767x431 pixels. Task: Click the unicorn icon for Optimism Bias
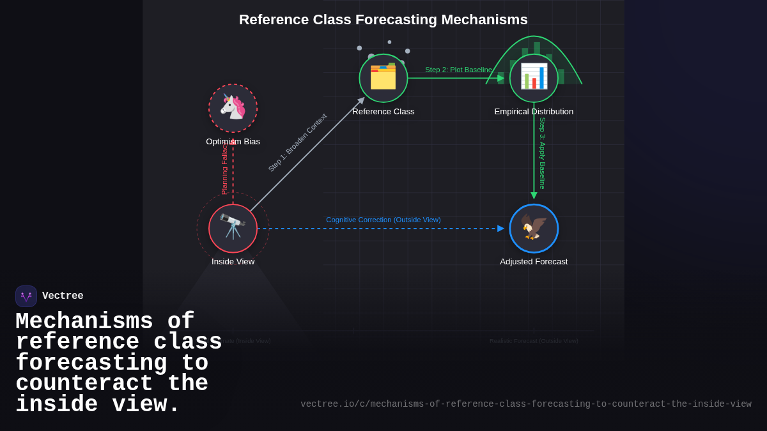pos(233,108)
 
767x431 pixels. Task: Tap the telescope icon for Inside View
pos(233,228)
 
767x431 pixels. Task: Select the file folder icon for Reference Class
pos(383,78)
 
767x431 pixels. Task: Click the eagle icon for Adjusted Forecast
pos(534,228)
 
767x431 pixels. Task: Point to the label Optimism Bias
pos(233,141)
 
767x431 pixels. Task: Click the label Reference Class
pos(383,111)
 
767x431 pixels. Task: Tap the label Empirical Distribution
pos(534,111)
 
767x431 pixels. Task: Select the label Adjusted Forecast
pos(534,261)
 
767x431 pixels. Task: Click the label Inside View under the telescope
pos(233,261)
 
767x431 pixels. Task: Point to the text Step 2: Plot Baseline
pos(458,70)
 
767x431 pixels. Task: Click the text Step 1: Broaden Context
pos(297,142)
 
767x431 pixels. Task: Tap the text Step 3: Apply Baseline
pos(542,153)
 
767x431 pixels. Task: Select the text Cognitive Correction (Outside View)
pos(383,220)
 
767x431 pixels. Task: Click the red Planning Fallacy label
pos(224,169)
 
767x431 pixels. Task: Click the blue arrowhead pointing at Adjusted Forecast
pos(500,228)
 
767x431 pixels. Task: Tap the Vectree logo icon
pos(26,296)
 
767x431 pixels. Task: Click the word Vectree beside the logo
pos(63,296)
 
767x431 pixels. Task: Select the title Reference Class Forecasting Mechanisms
pos(383,20)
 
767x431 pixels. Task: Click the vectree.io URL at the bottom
pos(525,404)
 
